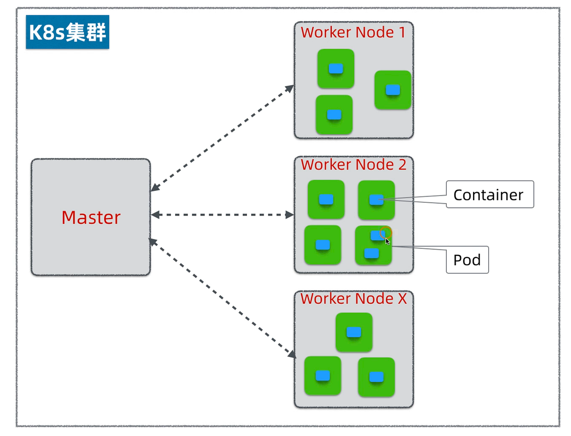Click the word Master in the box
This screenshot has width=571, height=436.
coord(91,218)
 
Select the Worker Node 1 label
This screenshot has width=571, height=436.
coord(353,33)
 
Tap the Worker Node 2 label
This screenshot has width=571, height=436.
coord(354,165)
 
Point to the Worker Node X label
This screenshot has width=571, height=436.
coord(354,299)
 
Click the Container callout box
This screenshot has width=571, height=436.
coord(490,195)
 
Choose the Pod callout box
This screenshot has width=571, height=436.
coord(467,260)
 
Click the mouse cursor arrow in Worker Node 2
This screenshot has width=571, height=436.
coord(387,241)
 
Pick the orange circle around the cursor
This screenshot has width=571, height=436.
coord(386,233)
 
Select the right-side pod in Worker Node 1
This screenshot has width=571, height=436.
coord(393,90)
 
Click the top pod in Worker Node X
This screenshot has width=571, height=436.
coord(354,332)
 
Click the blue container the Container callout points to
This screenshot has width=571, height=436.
coord(376,199)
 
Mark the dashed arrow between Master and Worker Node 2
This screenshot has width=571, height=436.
coord(222,215)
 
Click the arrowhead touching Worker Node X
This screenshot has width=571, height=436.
coord(291,354)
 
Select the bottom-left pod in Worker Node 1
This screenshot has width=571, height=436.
coord(334,115)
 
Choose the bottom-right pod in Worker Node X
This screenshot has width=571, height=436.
coord(376,377)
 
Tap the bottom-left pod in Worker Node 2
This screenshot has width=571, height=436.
coord(323,245)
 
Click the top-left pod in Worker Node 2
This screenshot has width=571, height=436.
coord(326,199)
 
